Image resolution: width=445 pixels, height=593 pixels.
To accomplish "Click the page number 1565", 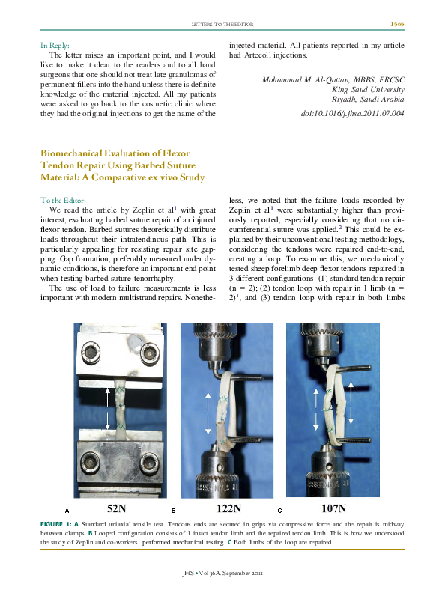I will (397, 25).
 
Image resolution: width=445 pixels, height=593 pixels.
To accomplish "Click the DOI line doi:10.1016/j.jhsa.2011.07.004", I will (352, 114).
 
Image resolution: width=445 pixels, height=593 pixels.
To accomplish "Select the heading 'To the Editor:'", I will (64, 200).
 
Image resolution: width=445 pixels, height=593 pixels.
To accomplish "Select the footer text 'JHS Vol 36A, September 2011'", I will (222, 573).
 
